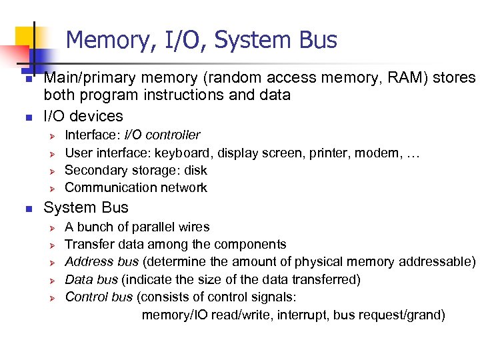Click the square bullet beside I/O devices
pos(27,118)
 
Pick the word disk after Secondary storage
pos(195,170)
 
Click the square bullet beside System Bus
pos(27,209)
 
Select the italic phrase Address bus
pos(102,261)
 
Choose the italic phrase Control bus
pos(100,297)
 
